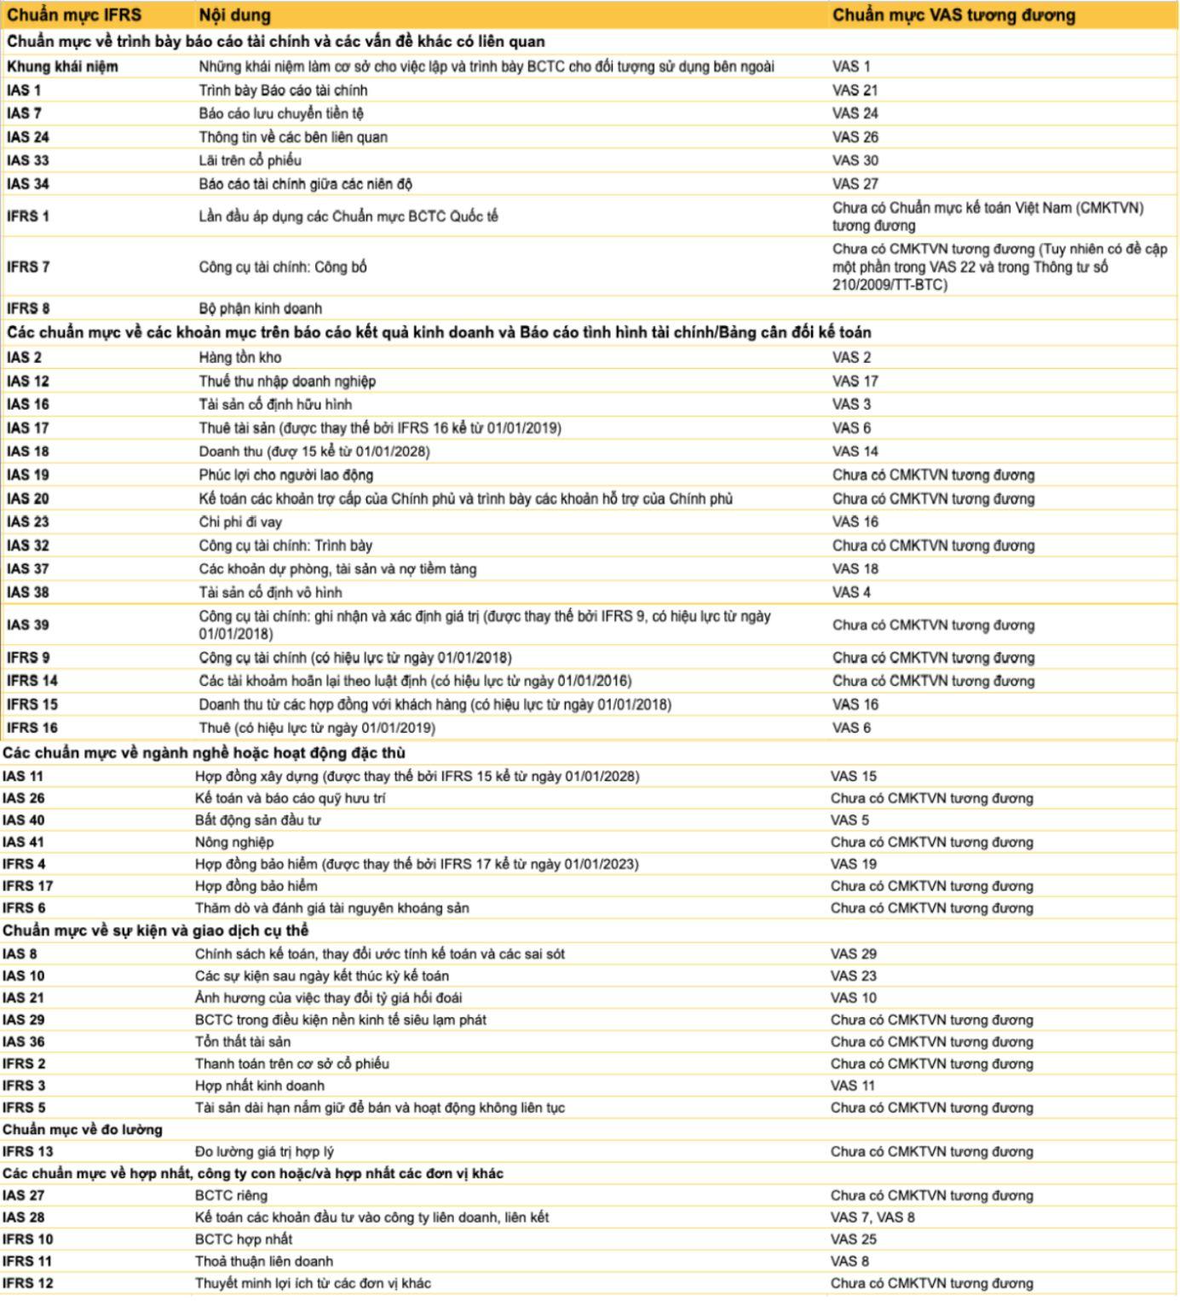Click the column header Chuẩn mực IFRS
tap(74, 15)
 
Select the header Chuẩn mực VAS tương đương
tap(953, 15)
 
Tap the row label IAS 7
tap(25, 113)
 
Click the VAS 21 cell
tap(855, 90)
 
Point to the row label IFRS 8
tap(28, 308)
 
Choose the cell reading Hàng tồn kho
tap(240, 358)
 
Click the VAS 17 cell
tap(855, 381)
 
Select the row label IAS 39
tap(28, 625)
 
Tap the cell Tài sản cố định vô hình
tap(270, 592)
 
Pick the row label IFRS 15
tap(32, 705)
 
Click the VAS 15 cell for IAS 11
tap(853, 776)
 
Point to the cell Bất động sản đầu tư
tap(257, 820)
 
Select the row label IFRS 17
tap(28, 886)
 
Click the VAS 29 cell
tap(853, 954)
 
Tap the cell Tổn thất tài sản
tap(243, 1042)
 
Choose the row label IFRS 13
tap(28, 1152)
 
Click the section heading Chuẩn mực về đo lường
tap(82, 1130)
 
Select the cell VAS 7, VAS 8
tap(872, 1218)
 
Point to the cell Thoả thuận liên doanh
tap(264, 1261)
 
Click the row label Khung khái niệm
tap(63, 66)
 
